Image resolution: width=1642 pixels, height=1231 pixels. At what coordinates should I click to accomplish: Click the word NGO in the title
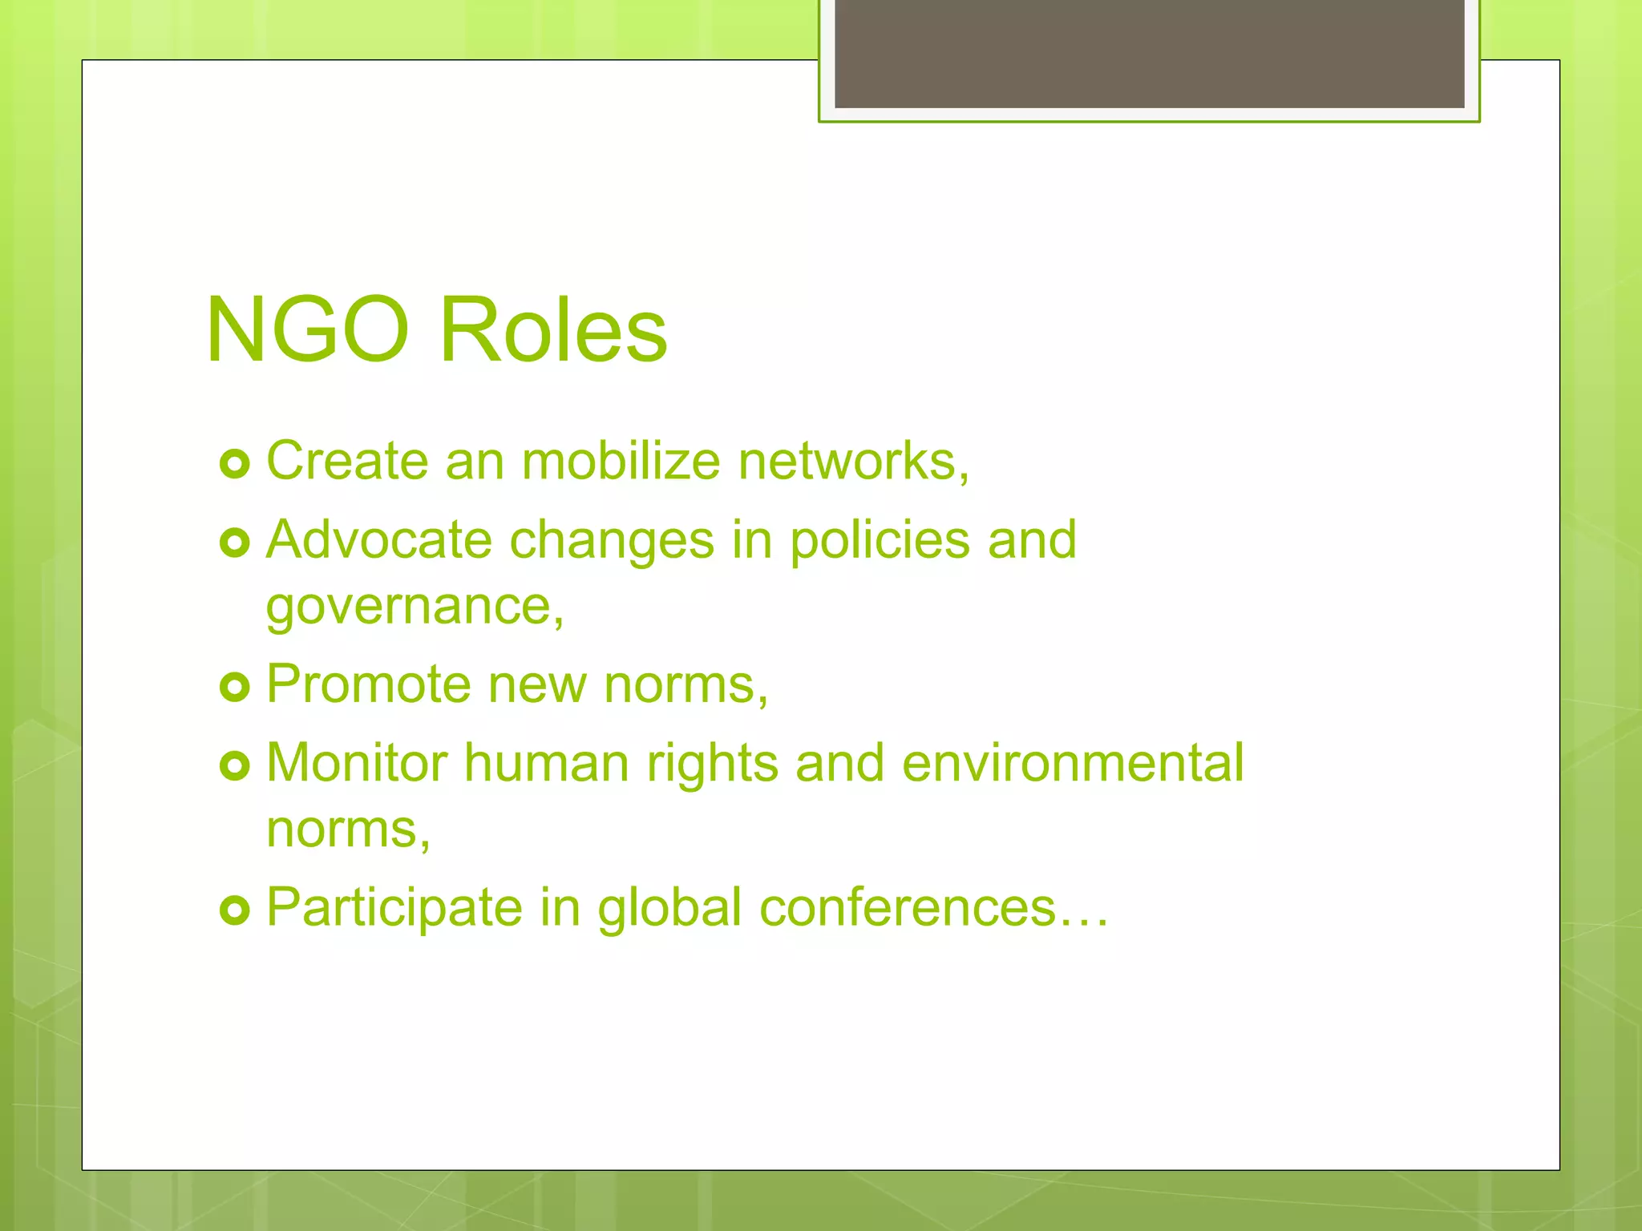point(307,330)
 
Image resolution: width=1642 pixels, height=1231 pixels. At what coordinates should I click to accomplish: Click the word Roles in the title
point(553,330)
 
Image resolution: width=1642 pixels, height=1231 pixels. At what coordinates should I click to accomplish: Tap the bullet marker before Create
point(234,464)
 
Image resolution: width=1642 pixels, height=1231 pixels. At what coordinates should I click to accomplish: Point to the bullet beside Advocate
point(234,543)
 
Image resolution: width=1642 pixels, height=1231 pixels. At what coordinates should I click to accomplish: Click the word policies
point(880,541)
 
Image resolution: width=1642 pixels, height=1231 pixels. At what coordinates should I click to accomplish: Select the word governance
point(414,607)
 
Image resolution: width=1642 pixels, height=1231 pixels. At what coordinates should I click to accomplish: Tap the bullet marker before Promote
point(234,687)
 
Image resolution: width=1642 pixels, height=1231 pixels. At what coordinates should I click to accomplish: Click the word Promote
point(368,684)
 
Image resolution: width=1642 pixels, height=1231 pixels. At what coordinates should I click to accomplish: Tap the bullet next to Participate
point(234,910)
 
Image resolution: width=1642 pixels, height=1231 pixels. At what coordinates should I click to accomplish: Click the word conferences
point(907,908)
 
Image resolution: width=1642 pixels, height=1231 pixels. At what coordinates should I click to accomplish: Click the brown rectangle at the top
point(1149,53)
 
